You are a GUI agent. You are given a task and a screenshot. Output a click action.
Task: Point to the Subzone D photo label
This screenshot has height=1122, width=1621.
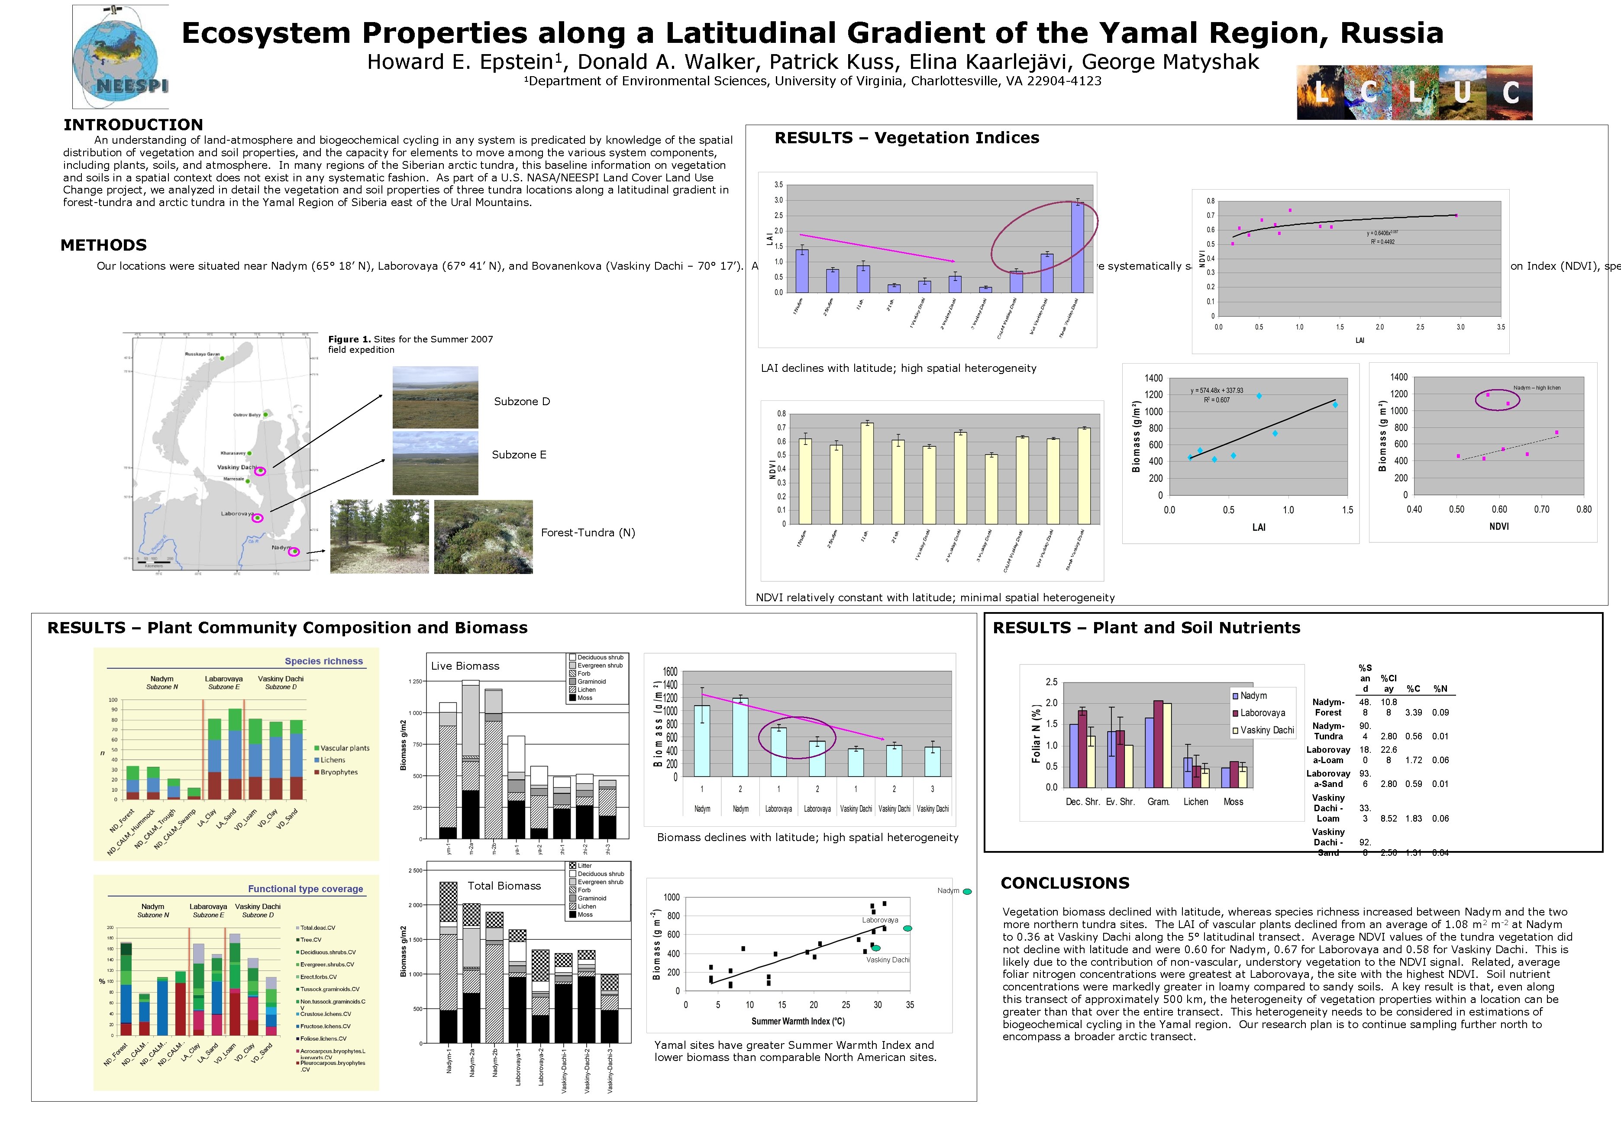coord(522,401)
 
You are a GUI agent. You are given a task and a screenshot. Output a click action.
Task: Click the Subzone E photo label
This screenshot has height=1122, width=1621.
coord(519,455)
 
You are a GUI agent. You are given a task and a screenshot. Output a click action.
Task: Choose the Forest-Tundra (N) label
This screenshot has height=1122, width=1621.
coord(588,533)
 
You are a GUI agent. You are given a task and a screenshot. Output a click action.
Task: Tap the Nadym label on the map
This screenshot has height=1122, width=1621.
coord(281,547)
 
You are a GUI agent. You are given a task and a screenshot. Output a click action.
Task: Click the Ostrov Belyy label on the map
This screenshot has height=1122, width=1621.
coord(247,415)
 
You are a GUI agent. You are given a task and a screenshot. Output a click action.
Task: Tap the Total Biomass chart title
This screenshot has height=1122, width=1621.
coord(504,886)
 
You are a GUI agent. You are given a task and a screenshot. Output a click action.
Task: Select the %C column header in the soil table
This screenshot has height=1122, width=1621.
coord(1413,689)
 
